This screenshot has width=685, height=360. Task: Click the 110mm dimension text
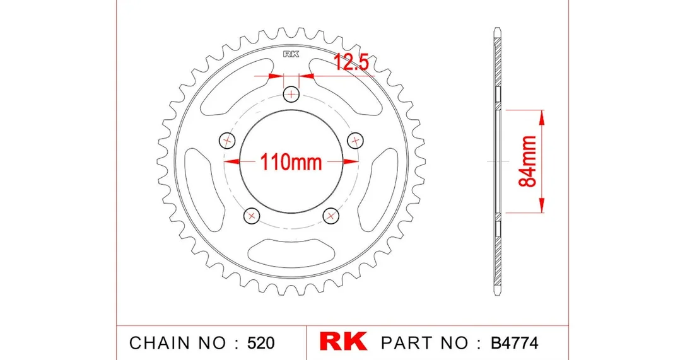point(291,161)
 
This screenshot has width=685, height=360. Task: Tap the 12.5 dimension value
point(352,62)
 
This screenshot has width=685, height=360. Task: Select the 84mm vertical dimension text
point(528,161)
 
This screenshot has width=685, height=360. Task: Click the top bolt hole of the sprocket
point(291,94)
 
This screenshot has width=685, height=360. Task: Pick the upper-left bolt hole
point(226,140)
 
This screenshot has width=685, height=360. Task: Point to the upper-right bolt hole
point(356,140)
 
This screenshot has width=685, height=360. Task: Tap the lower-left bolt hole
point(251,216)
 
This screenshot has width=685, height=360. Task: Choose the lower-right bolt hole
point(331,216)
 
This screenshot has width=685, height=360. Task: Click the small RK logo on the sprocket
point(291,54)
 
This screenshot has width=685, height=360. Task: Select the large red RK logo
point(343,342)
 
